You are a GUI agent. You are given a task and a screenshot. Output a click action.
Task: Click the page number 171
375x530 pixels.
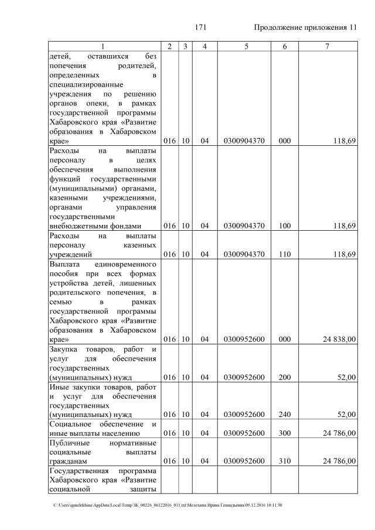pos(201,28)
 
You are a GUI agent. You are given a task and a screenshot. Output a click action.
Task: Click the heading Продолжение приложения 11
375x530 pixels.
pos(305,28)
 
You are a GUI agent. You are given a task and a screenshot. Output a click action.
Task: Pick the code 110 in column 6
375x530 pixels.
pos(285,255)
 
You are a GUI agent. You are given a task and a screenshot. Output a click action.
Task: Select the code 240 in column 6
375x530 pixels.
pos(285,415)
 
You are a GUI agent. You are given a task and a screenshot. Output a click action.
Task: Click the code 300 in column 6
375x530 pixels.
pos(285,433)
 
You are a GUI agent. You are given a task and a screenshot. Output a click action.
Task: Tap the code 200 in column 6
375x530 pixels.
pos(285,378)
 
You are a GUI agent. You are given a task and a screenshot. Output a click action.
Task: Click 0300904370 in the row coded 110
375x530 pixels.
pos(244,255)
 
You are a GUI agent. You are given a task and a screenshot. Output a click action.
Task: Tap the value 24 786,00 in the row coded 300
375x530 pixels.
pos(336,433)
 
